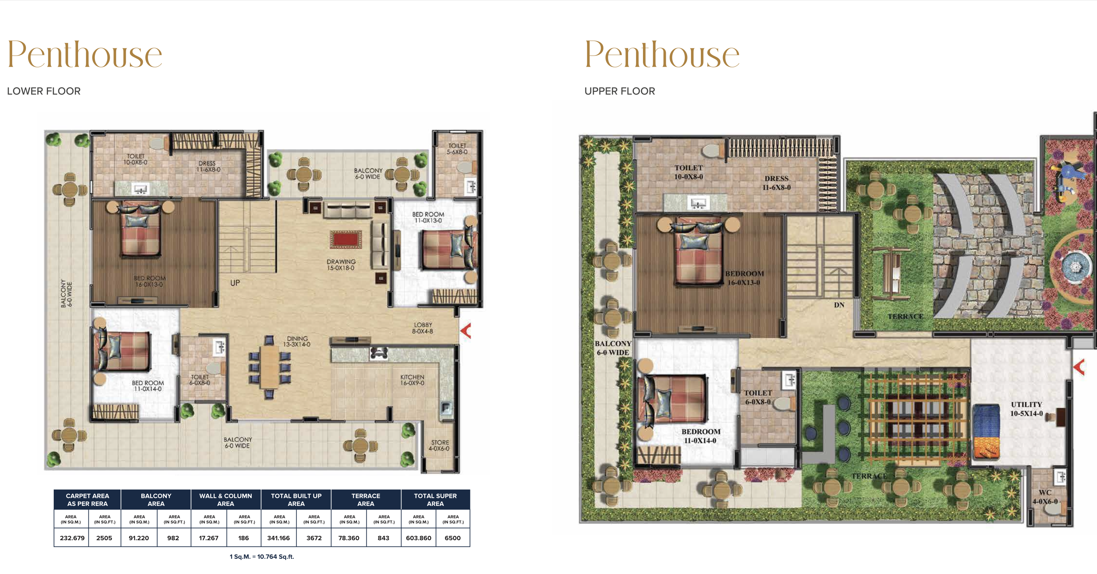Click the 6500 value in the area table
453,538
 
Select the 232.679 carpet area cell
72,538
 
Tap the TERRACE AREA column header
366,499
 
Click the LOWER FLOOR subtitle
44,91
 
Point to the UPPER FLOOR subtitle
620,91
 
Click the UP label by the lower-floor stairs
235,283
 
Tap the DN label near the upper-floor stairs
839,305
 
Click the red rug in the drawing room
345,239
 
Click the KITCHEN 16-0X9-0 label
412,380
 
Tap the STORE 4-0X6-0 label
439,445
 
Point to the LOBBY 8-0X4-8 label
422,328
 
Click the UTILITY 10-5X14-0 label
1026,408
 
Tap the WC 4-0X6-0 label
1045,497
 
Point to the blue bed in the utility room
986,431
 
